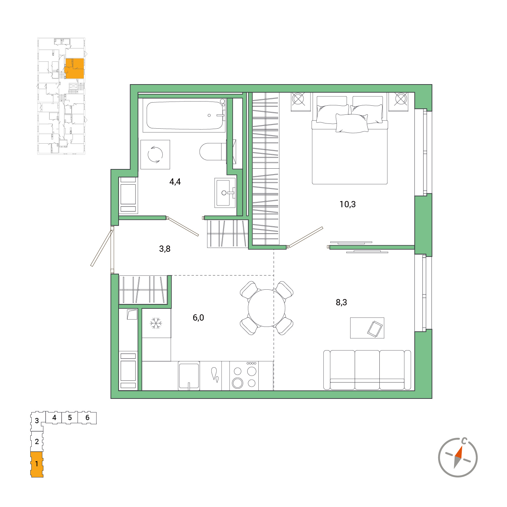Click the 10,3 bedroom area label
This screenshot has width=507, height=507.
pos(347,204)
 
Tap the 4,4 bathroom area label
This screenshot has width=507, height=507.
pos(175,182)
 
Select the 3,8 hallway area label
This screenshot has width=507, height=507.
pos(165,249)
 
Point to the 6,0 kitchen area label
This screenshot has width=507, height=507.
pos(198,317)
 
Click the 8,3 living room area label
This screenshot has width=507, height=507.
pos(341,302)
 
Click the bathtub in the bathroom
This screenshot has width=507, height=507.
pos(184,115)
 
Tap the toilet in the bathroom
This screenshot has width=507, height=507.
pos(213,152)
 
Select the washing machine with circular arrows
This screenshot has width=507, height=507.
pos(155,154)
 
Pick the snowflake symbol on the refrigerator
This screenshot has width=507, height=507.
pos(156,323)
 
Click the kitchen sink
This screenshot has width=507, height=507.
pos(188,376)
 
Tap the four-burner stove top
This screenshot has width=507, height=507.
pos(244,376)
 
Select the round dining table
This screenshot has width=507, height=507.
pos(266,308)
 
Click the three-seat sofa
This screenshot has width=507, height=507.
pos(367,370)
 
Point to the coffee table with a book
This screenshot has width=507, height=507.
pos(367,328)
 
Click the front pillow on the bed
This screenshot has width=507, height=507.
pos(352,123)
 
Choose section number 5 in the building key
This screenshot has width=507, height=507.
pos(70,418)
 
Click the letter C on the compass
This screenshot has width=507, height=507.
pos(464,441)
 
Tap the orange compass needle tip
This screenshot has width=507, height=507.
pos(461,446)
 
